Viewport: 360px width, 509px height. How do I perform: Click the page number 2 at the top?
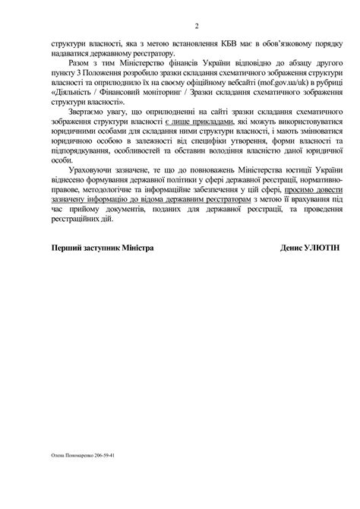[x=196, y=27]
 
